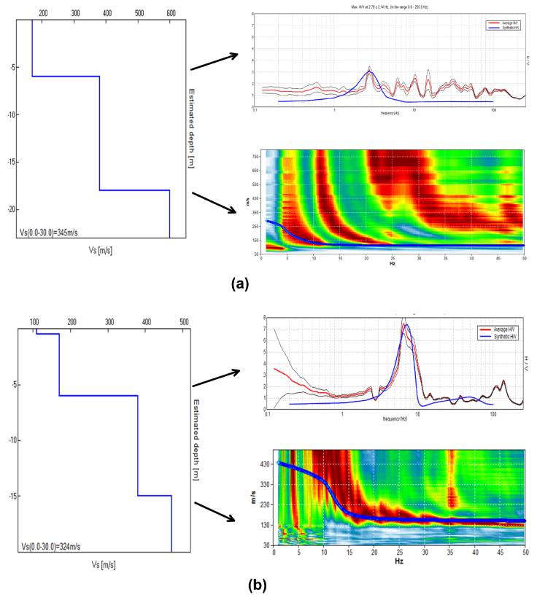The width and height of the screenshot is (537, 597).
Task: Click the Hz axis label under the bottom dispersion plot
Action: pyautogui.click(x=399, y=563)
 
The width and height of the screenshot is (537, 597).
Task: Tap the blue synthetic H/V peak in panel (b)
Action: pyautogui.click(x=407, y=324)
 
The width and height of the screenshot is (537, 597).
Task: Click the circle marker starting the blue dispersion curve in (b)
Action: pyautogui.click(x=278, y=463)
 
